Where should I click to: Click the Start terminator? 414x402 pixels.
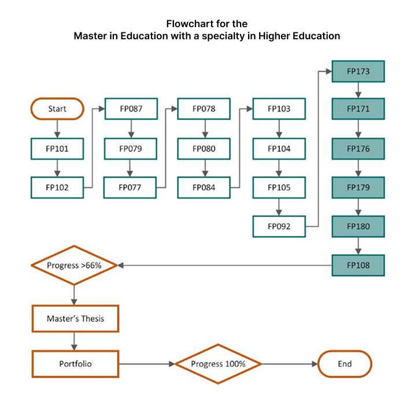click(57, 109)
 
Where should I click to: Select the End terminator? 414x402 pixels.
click(345, 364)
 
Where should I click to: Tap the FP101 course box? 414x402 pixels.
click(57, 148)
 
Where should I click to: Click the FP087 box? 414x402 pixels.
click(131, 109)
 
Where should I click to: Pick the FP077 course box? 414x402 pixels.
click(131, 188)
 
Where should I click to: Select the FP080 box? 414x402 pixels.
click(204, 148)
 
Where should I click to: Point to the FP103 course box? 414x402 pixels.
click(279, 109)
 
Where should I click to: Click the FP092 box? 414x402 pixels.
click(279, 226)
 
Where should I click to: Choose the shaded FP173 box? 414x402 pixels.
click(358, 71)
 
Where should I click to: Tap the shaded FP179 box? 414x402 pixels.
click(358, 188)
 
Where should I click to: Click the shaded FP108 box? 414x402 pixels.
click(358, 266)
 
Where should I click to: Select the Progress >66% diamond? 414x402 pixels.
click(74, 266)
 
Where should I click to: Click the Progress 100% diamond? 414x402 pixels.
click(219, 364)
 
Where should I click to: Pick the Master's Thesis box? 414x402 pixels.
click(75, 318)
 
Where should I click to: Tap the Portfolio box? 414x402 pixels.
click(75, 364)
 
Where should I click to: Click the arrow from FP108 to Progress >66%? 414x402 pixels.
click(226, 266)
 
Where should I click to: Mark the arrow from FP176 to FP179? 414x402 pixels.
click(358, 168)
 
